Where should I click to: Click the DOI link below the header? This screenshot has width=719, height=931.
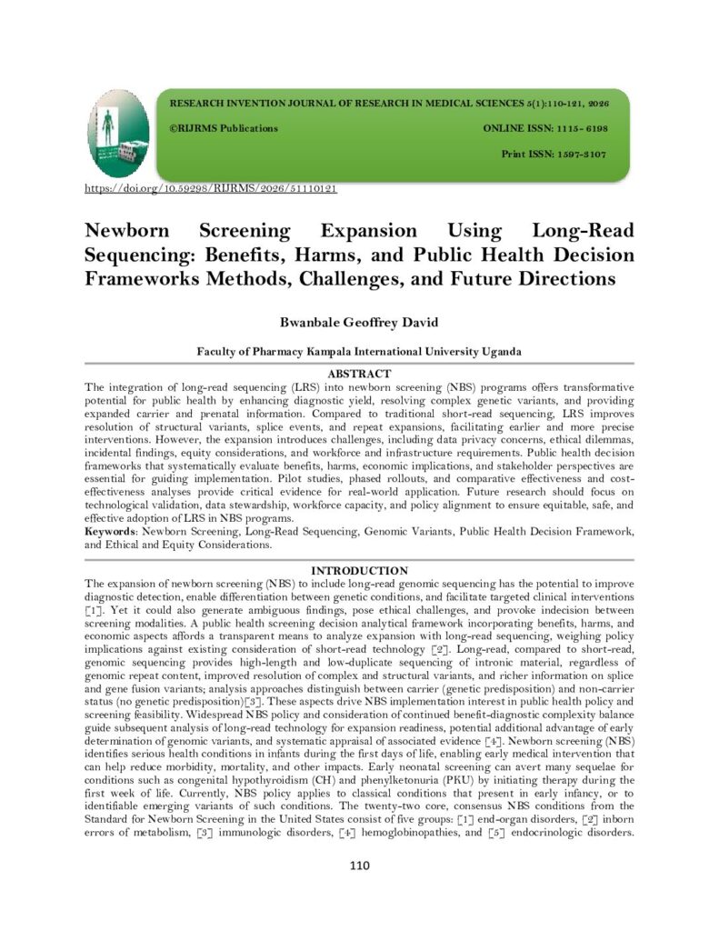click(211, 189)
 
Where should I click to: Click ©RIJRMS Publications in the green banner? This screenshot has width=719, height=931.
click(224, 128)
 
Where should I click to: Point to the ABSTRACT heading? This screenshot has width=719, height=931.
click(359, 374)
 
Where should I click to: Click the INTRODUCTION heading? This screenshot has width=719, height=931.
click(359, 570)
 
